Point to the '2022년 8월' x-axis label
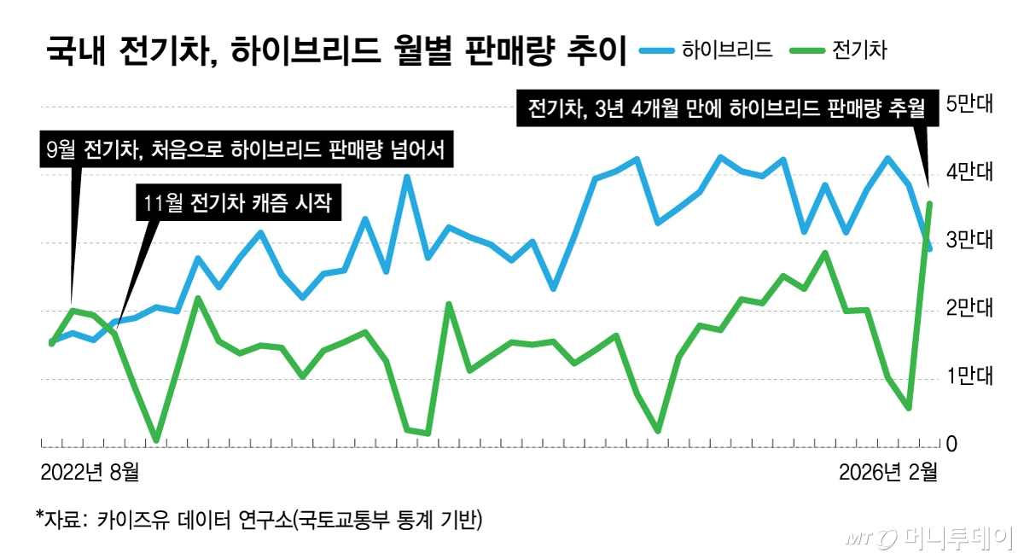click(90, 471)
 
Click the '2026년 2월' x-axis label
click(887, 471)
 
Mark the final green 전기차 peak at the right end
click(929, 203)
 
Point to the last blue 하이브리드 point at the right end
click(929, 248)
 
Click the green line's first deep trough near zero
click(156, 440)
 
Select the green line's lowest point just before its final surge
click(909, 408)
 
